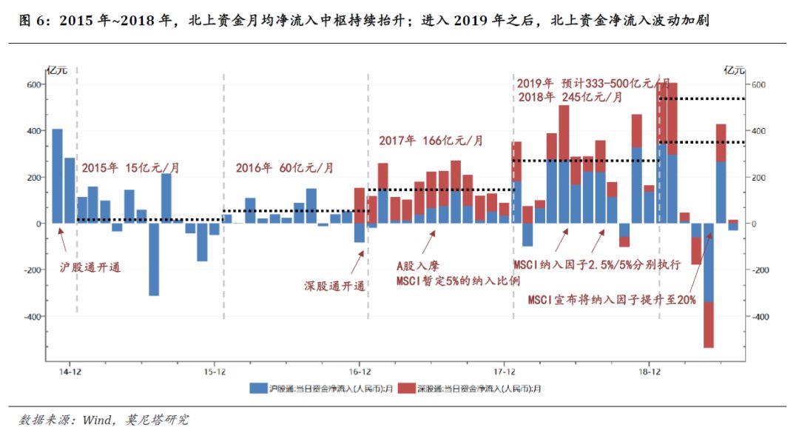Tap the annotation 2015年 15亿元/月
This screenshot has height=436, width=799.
(130, 168)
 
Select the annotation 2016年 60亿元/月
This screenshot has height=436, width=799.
(285, 168)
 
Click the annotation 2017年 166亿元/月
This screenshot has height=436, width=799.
(431, 140)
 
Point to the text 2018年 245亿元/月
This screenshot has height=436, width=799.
(570, 97)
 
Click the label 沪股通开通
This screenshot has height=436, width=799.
(90, 268)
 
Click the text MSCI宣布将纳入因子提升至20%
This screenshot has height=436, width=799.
(612, 300)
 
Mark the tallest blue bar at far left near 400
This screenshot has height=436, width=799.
(57, 176)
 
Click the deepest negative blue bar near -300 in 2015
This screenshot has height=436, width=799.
(154, 259)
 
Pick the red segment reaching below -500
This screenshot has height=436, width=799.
(709, 325)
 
